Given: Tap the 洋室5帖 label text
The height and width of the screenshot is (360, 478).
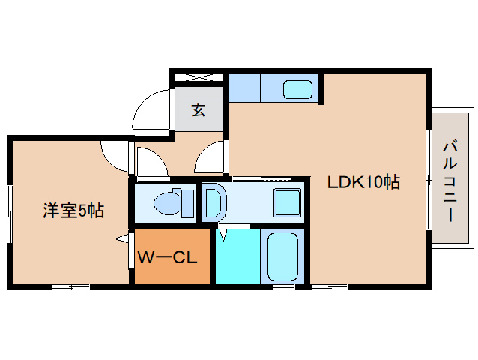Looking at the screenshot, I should [72, 211].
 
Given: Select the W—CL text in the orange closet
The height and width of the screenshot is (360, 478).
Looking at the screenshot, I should [167, 258].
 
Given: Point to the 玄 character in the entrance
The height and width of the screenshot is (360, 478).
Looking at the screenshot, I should [198, 110].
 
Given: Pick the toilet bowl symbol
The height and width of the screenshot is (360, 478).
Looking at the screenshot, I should [165, 203].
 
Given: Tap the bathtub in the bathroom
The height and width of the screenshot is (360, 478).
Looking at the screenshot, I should [282, 257].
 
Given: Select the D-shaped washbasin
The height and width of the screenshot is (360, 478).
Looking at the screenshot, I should [213, 202].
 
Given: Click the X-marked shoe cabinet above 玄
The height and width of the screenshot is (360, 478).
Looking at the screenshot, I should [199, 76].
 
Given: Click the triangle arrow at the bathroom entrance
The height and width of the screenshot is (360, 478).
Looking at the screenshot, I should [223, 234].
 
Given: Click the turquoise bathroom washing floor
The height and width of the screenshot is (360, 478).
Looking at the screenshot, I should [239, 257].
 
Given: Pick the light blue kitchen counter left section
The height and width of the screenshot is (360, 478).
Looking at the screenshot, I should [244, 88].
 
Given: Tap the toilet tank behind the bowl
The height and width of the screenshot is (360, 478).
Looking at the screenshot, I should [187, 203].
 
